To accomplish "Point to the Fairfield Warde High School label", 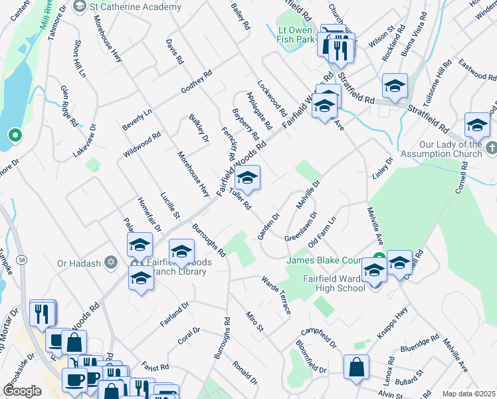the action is [334, 283].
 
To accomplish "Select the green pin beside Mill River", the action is [14, 136].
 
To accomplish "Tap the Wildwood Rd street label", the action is [142, 145].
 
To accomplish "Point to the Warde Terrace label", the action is [276, 296].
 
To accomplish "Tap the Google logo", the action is [23, 390].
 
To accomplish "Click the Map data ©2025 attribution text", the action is [468, 394].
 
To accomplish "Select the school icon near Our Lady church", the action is [477, 124].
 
